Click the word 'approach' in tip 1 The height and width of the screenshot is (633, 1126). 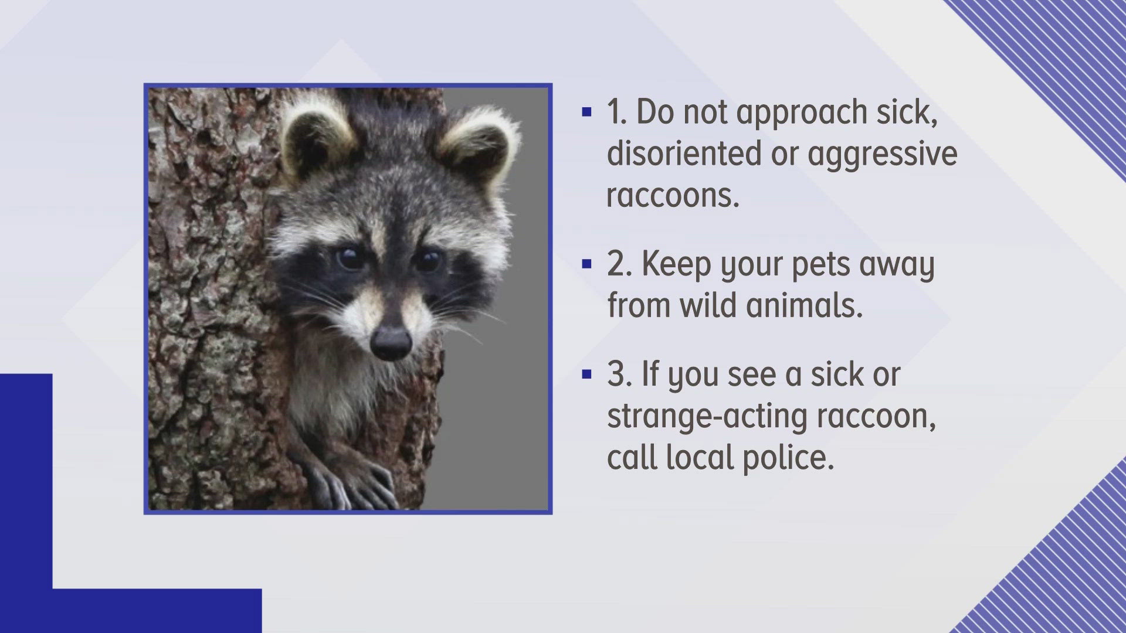click(x=801, y=113)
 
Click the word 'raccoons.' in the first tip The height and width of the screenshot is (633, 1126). click(x=673, y=195)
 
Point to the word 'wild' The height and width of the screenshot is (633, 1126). click(x=714, y=305)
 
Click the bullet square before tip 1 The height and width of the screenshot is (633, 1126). click(x=586, y=111)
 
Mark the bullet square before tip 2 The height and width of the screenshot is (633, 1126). click(x=586, y=264)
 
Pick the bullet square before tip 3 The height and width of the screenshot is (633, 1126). click(x=586, y=374)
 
